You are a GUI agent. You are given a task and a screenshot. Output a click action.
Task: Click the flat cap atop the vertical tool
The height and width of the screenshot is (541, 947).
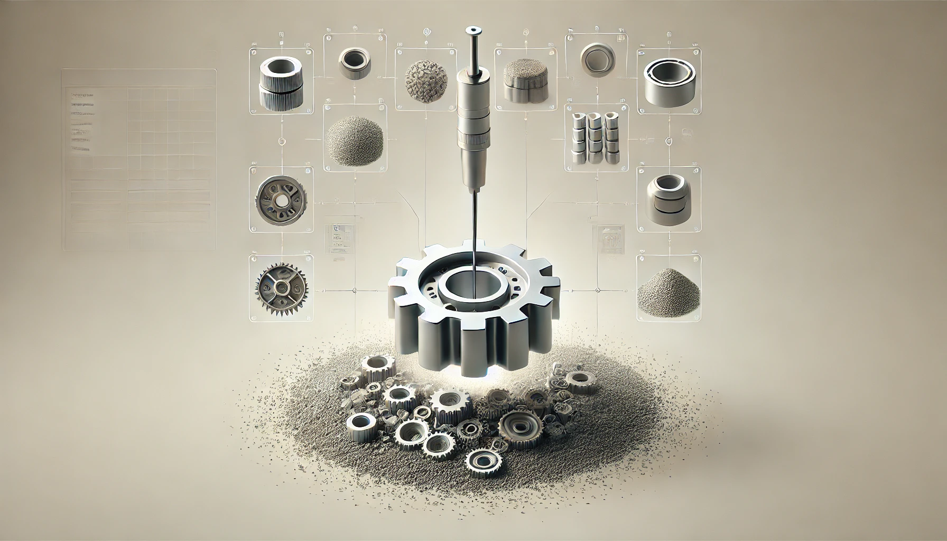471,31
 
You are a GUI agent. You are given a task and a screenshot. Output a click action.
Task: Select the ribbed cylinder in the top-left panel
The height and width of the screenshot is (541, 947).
281,84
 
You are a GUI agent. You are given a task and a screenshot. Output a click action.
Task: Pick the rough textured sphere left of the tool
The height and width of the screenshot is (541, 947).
422,80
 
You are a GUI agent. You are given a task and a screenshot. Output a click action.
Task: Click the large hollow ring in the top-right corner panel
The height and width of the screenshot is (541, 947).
669,81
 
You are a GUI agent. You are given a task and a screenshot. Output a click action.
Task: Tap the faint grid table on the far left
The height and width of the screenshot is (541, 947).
139,158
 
